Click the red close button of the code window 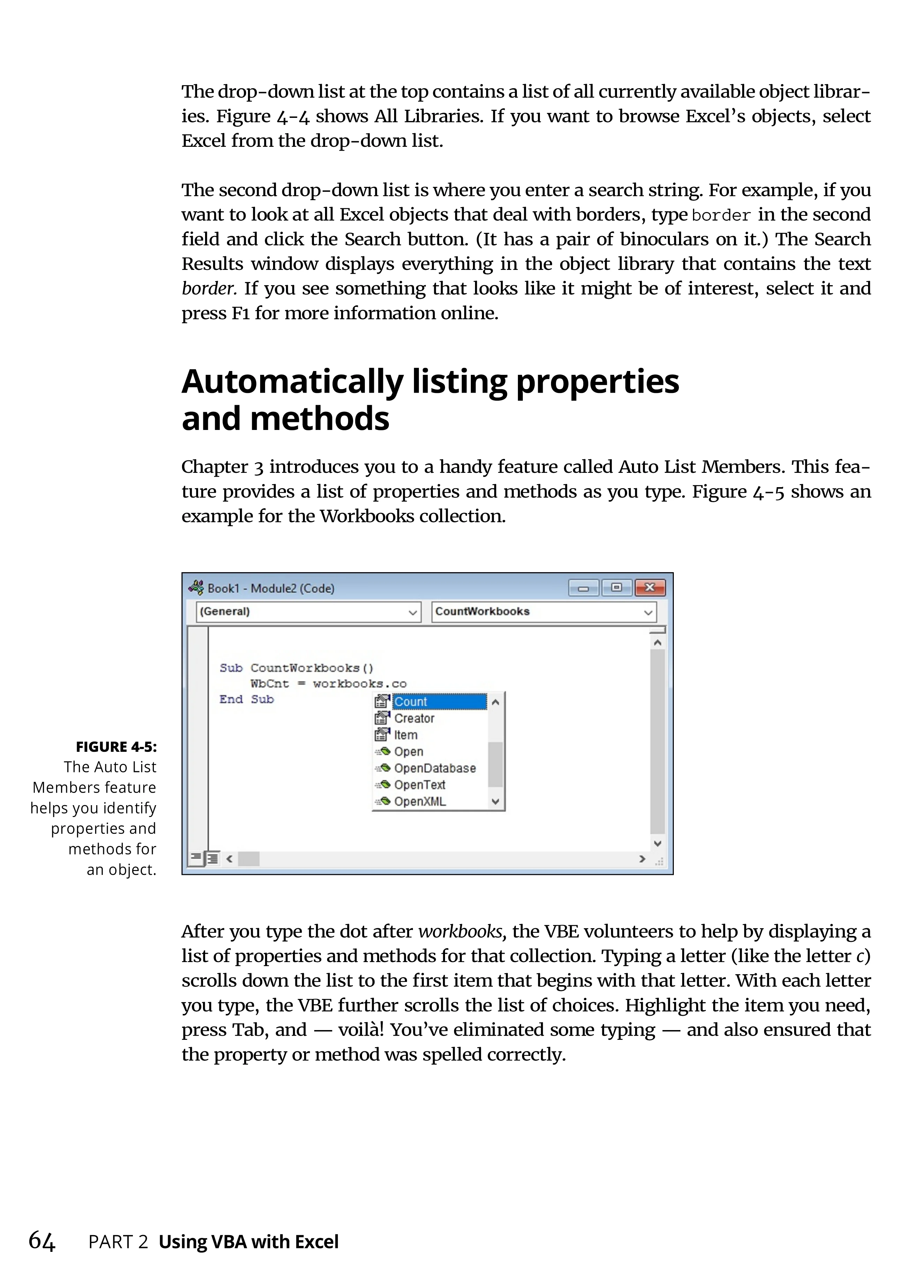649,588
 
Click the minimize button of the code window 583,588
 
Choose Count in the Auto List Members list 411,702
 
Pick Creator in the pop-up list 414,719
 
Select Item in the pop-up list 406,735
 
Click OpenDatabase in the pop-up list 435,769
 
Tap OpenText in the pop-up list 420,785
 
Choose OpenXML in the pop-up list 420,802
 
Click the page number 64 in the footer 42,1241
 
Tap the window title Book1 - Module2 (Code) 271,588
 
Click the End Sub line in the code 247,700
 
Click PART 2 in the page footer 118,1242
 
